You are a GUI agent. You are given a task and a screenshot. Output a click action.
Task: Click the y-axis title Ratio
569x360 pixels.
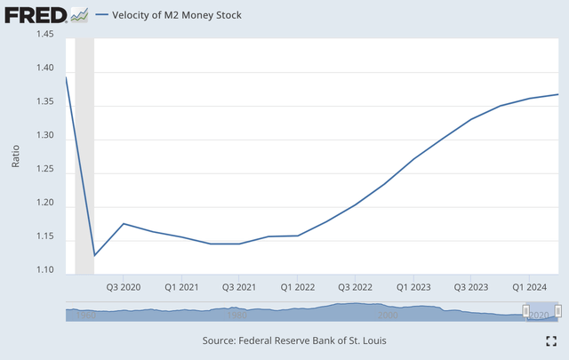click(16, 153)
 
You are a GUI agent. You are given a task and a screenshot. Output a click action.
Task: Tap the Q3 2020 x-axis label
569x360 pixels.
click(124, 288)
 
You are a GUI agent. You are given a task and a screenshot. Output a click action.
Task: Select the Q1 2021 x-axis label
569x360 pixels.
click(181, 288)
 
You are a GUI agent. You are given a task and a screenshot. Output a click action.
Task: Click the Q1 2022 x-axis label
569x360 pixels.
click(297, 288)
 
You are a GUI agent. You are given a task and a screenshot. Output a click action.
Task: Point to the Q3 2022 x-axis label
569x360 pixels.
click(355, 288)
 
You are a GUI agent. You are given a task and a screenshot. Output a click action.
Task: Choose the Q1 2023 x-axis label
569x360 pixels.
click(413, 288)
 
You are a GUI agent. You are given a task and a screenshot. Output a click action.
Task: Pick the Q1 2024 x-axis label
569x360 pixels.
click(529, 288)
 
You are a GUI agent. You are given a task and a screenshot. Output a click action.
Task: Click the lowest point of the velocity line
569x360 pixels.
click(94, 256)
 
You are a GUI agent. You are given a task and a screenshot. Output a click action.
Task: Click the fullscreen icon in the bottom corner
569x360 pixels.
click(550, 340)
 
